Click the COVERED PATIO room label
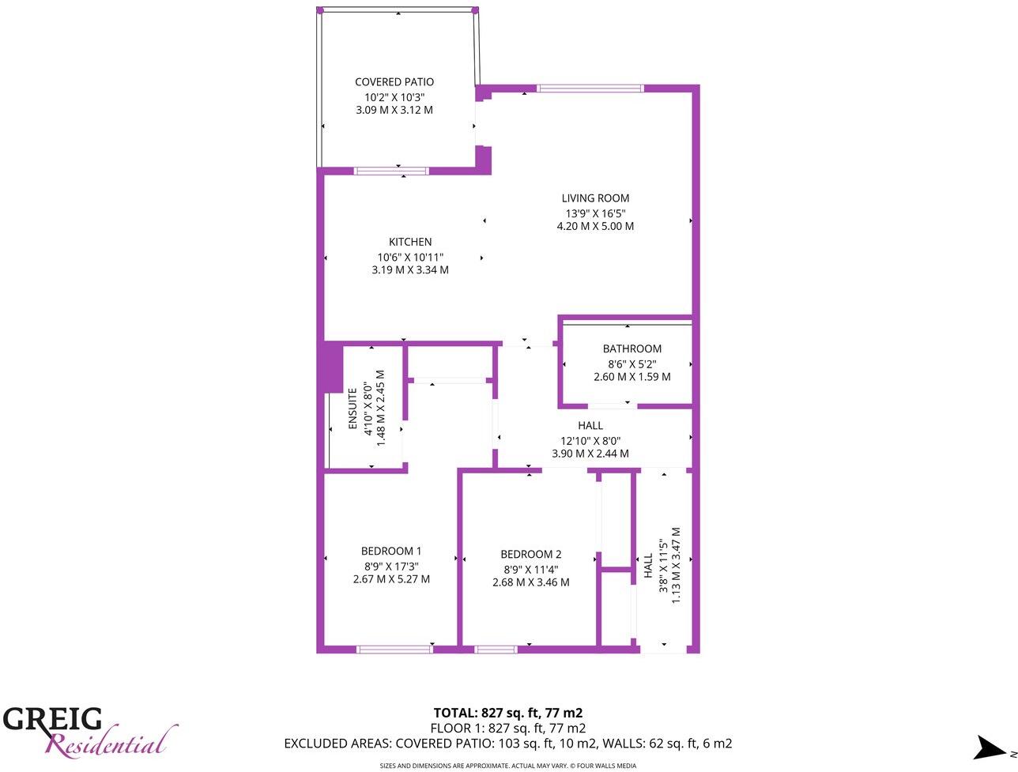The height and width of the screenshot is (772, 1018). pyautogui.click(x=394, y=82)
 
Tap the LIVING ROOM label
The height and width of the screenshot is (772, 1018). pyautogui.click(x=595, y=198)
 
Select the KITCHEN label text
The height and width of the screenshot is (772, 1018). pyautogui.click(x=410, y=242)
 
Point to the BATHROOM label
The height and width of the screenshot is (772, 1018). pyautogui.click(x=632, y=348)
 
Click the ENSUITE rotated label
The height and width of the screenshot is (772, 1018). pyautogui.click(x=353, y=409)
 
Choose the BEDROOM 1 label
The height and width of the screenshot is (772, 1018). pyautogui.click(x=391, y=552)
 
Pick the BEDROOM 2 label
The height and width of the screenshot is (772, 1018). pyautogui.click(x=531, y=555)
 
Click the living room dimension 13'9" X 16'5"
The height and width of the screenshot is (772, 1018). pyautogui.click(x=595, y=213)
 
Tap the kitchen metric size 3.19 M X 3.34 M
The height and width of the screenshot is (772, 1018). pyautogui.click(x=410, y=270)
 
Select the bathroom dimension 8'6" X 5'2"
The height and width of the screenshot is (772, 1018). pyautogui.click(x=632, y=363)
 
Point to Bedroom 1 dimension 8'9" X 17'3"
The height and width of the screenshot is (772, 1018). pyautogui.click(x=391, y=566)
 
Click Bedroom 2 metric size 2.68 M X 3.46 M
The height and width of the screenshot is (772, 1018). pyautogui.click(x=531, y=583)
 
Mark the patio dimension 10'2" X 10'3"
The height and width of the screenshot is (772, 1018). pyautogui.click(x=394, y=96)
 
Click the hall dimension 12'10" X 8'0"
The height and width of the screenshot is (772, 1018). pyautogui.click(x=590, y=440)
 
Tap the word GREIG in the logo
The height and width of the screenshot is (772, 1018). pyautogui.click(x=53, y=719)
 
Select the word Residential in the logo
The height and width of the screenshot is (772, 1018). pyautogui.click(x=107, y=744)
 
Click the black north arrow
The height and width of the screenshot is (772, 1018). pyautogui.click(x=988, y=748)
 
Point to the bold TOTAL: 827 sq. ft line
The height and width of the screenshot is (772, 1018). pyautogui.click(x=508, y=713)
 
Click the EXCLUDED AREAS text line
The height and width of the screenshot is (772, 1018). pyautogui.click(x=508, y=744)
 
